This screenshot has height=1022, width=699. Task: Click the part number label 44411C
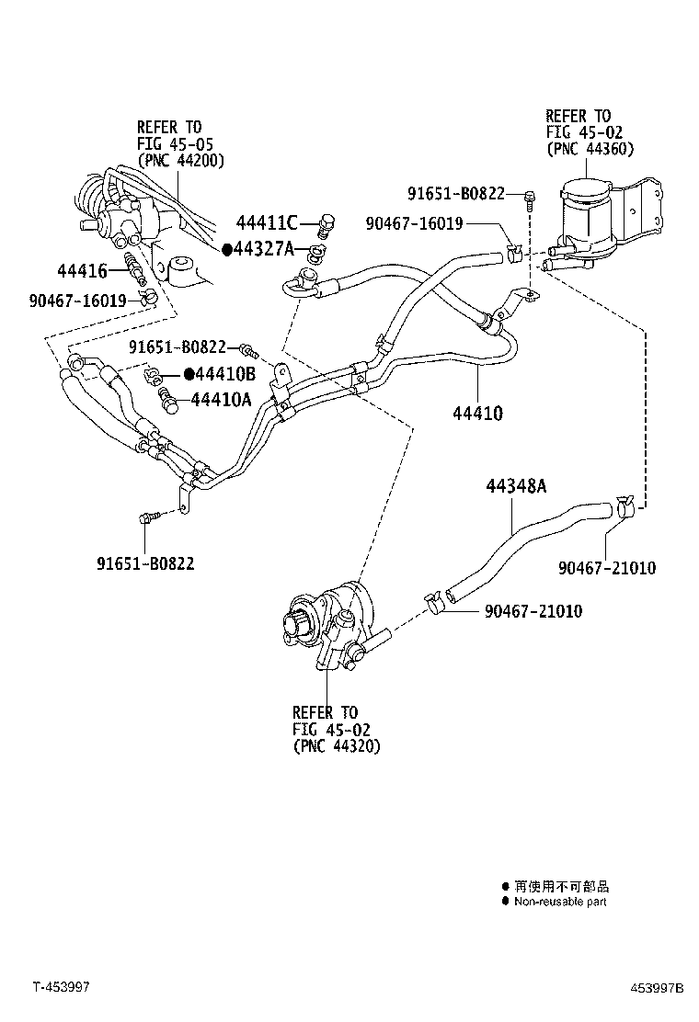click(267, 222)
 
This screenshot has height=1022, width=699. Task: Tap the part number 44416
click(82, 270)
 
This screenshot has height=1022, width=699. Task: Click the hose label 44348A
click(516, 486)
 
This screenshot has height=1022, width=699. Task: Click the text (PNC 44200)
click(181, 160)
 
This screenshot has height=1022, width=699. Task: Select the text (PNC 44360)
click(590, 149)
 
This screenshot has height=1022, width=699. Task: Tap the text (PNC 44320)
click(337, 745)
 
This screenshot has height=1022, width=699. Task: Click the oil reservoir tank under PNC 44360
click(588, 216)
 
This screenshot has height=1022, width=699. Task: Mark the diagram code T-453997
click(62, 987)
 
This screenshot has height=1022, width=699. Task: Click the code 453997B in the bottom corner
click(657, 988)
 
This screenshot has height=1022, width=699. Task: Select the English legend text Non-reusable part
click(560, 902)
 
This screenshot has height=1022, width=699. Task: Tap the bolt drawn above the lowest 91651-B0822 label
click(146, 518)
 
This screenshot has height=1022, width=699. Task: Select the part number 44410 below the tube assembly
click(477, 414)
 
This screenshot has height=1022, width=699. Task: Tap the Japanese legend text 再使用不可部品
click(561, 886)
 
